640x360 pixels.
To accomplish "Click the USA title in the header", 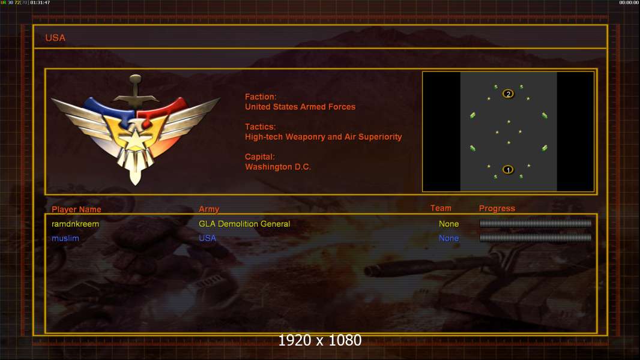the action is tap(55, 38).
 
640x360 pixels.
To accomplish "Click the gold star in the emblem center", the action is tap(134, 139).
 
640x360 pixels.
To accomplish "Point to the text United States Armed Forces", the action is tap(300, 107).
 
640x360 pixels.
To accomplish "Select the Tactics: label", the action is tap(261, 127).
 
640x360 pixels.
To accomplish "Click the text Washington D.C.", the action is tap(278, 167).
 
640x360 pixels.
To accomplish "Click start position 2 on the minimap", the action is tap(508, 94).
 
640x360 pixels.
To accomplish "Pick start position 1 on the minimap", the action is tap(508, 170).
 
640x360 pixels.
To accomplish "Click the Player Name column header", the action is tap(76, 209).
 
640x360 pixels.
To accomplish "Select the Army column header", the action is tap(209, 209).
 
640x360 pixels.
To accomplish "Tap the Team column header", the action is tap(441, 208).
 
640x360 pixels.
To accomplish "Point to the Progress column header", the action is tap(497, 208).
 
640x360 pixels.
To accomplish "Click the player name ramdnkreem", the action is tap(75, 224).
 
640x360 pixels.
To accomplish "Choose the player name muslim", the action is tap(65, 238).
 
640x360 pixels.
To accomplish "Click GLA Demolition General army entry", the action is tap(244, 224).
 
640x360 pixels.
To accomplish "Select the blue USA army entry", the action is tap(207, 238).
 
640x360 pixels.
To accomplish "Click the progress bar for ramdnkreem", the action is tap(536, 223).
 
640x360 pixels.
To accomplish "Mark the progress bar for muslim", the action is tap(536, 238).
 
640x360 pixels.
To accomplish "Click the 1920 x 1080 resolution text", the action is tap(320, 340).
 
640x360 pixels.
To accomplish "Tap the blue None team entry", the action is tap(448, 238).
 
